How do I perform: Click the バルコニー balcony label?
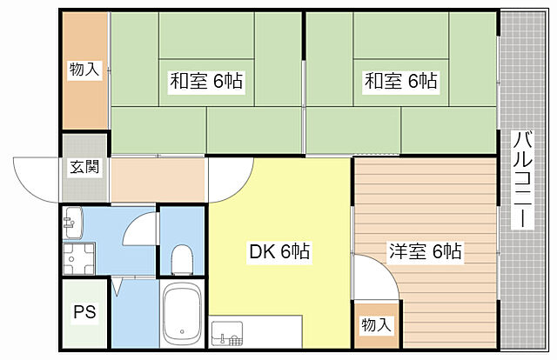click(522, 180)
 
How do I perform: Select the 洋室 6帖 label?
click(425, 252)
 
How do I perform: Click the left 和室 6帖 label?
click(206, 82)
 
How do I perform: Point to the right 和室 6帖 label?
click(401, 82)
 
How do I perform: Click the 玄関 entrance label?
click(84, 168)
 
